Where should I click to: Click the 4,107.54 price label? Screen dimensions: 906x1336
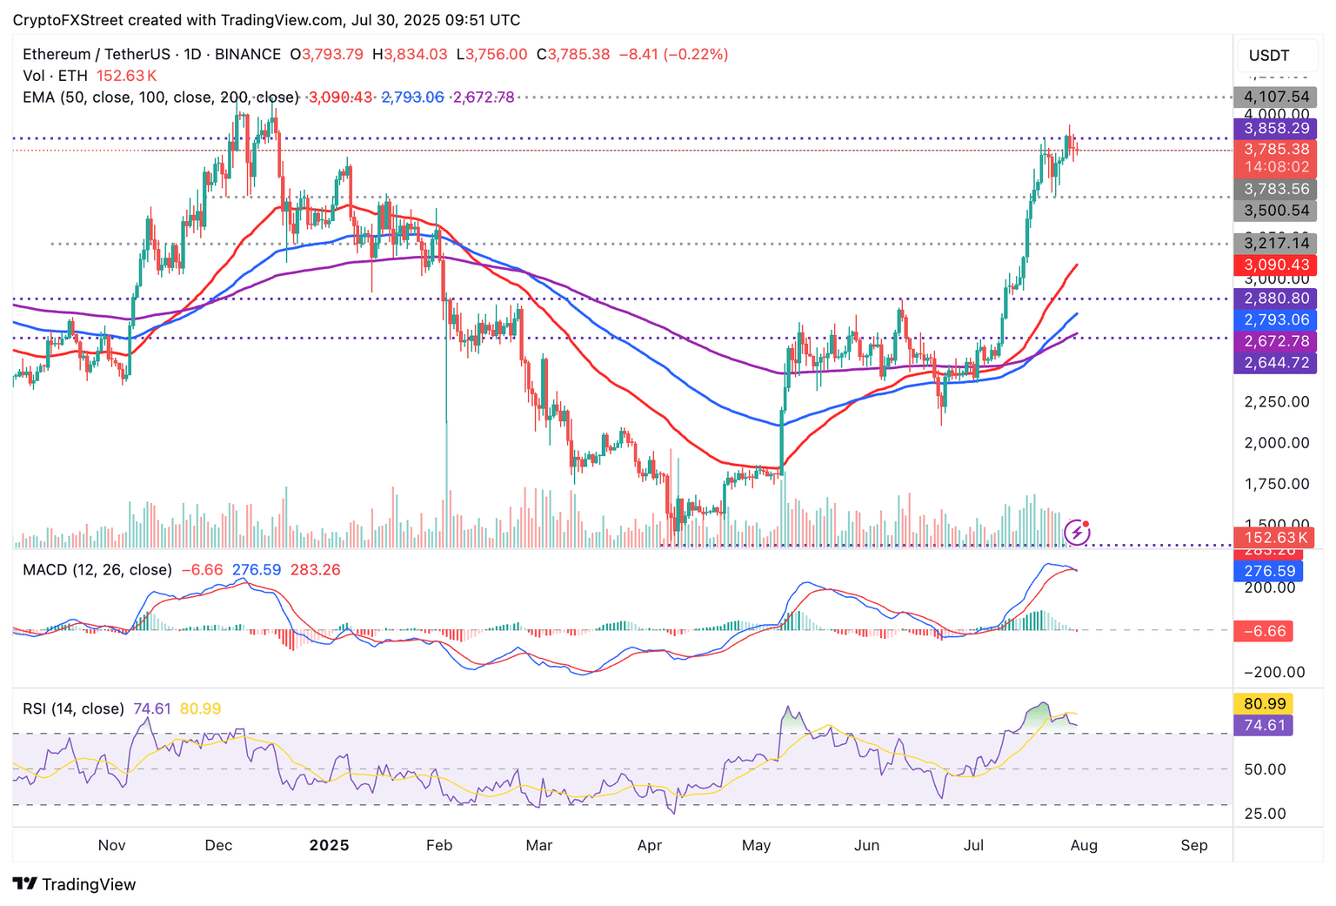pos(1275,97)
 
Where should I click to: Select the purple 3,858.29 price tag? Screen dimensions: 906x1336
pos(1275,129)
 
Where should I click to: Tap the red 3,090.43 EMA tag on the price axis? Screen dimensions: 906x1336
pos(1275,265)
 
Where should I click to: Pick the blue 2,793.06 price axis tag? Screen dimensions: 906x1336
pos(1275,319)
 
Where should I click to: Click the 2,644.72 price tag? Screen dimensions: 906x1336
pos(1275,362)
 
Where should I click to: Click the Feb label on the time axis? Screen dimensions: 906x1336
pos(439,845)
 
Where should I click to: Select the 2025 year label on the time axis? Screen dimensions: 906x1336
pos(329,845)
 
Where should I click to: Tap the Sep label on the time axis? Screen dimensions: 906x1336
pos(1194,845)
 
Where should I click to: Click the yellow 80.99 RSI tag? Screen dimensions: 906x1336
pos(1264,703)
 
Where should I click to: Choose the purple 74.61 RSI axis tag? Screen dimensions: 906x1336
pos(1264,725)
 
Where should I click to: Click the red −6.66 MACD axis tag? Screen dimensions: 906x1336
pos(1264,631)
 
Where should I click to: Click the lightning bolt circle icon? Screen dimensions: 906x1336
pos(1078,532)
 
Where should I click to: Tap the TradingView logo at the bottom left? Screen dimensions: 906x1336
pos(75,884)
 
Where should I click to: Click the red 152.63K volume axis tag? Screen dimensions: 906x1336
pos(1275,538)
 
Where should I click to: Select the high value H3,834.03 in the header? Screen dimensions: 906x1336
pos(410,54)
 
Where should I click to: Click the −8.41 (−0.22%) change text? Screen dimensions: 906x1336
pos(673,54)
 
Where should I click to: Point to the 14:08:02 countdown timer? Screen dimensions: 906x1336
pos(1275,166)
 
